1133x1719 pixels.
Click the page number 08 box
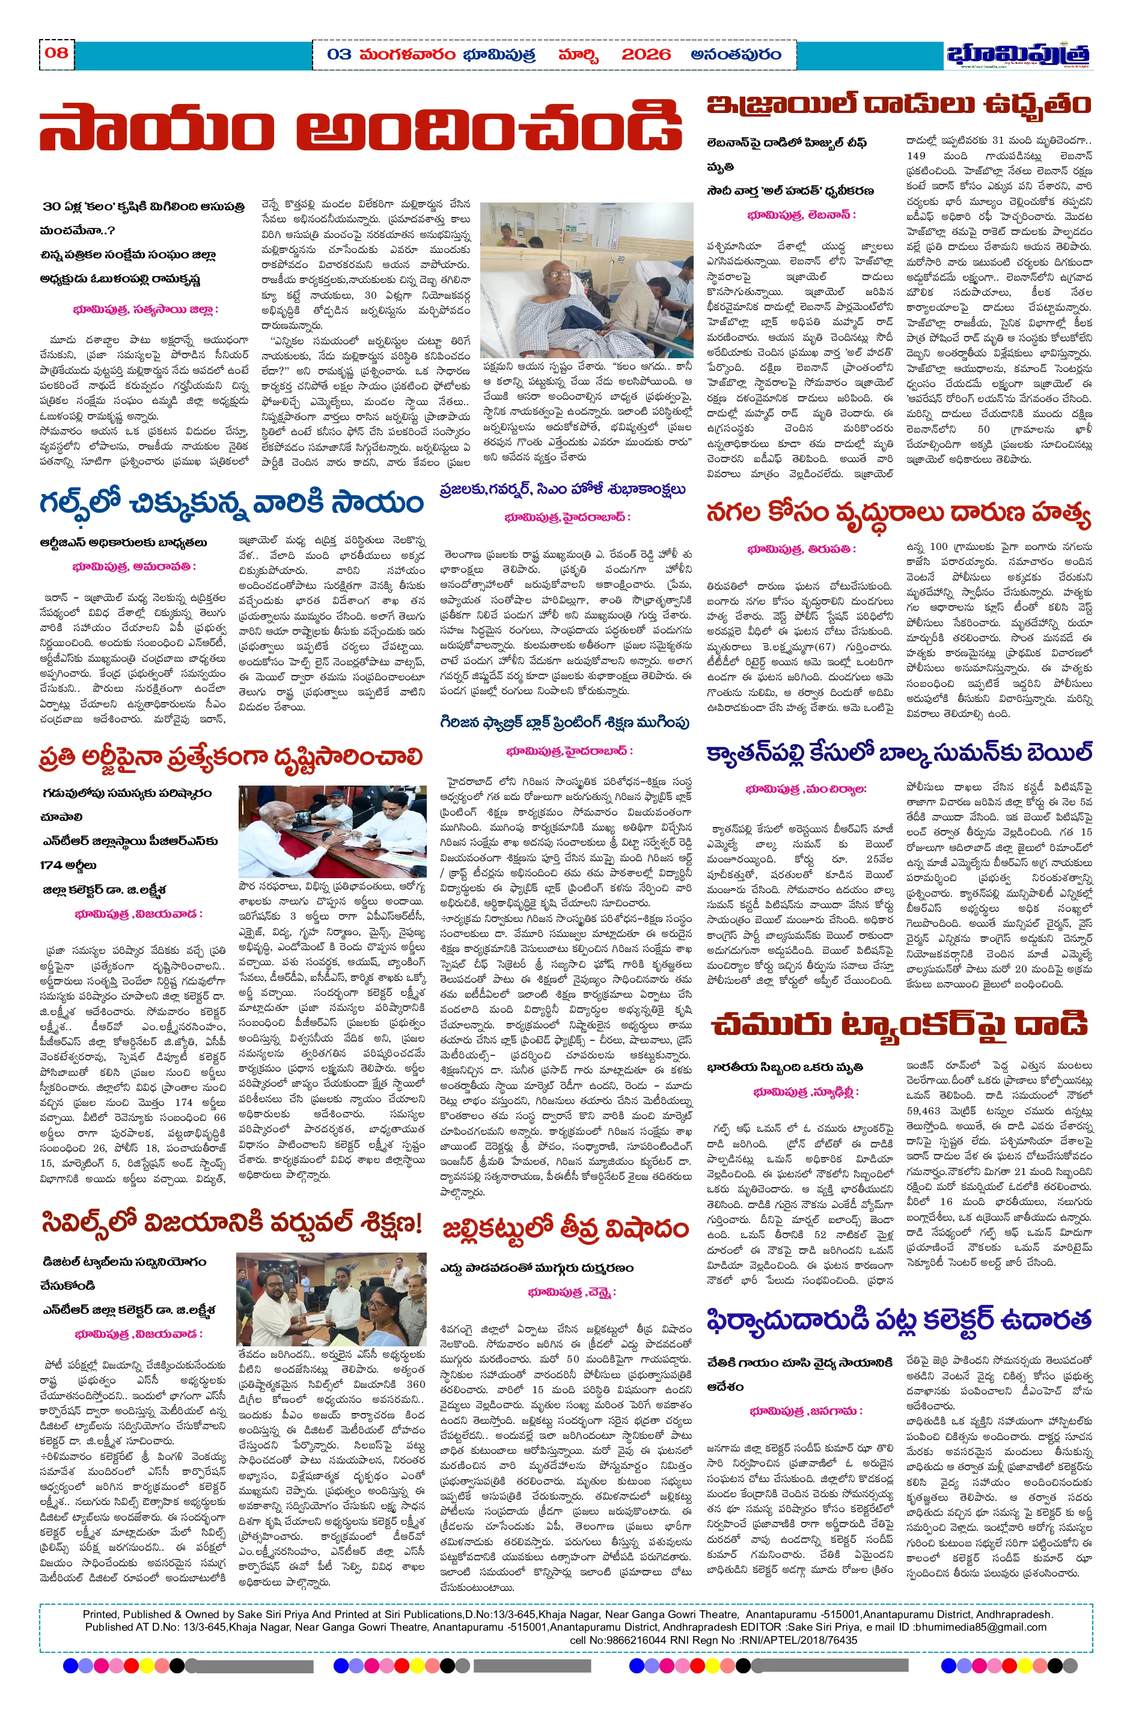pyautogui.click(x=56, y=53)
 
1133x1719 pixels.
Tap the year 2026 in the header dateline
pyautogui.click(x=646, y=55)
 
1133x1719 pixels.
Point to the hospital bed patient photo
pyautogui.click(x=586, y=279)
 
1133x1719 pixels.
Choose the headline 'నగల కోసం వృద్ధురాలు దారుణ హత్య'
pyautogui.click(x=898, y=514)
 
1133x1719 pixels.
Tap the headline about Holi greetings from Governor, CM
pyautogui.click(x=562, y=490)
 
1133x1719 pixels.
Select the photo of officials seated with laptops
pyautogui.click(x=332, y=832)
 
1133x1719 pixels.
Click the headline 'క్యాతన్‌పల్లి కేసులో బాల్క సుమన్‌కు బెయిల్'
pyautogui.click(x=899, y=754)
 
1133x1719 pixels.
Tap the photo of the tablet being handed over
pyautogui.click(x=332, y=1299)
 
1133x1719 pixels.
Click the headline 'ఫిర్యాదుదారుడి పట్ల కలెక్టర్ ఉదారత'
pyautogui.click(x=898, y=1320)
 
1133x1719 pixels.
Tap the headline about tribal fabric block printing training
pyautogui.click(x=564, y=722)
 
